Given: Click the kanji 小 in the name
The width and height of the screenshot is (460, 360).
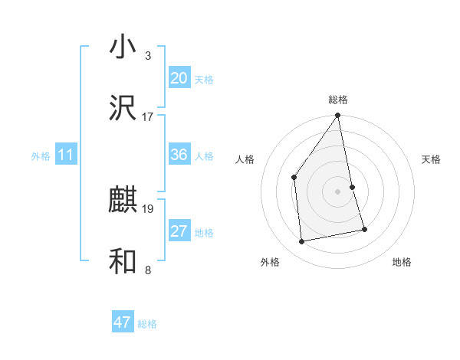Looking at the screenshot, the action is click(x=123, y=47).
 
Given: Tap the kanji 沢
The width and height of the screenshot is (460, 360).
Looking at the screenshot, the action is click(x=123, y=109).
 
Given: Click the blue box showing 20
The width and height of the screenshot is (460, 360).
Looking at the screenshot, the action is click(x=179, y=78).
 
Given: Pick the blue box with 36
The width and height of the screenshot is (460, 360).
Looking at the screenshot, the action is click(x=179, y=155).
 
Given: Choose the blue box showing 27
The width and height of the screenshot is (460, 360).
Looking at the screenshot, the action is click(x=179, y=231).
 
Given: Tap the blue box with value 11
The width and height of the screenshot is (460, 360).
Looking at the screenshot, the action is click(x=65, y=155).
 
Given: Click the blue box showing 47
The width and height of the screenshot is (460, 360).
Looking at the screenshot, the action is click(x=123, y=322).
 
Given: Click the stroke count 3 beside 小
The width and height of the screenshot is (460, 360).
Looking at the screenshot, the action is click(x=148, y=56).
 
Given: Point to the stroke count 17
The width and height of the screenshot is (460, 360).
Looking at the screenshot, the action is click(x=148, y=117).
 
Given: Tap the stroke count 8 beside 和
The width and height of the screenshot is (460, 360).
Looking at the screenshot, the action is click(x=148, y=270).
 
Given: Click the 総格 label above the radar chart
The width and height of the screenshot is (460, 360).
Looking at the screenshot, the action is click(x=338, y=100).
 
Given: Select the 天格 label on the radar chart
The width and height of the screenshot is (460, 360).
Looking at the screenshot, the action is click(x=432, y=159).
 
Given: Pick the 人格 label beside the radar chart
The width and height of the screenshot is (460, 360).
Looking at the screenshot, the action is click(x=245, y=159).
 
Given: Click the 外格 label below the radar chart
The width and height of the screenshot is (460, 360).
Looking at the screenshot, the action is click(x=270, y=262).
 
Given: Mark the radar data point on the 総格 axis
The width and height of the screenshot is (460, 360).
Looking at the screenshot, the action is click(x=338, y=116).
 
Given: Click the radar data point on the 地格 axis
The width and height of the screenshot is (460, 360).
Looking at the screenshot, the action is click(x=364, y=229).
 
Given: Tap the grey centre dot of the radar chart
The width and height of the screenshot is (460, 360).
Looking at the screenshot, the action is click(x=338, y=191).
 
